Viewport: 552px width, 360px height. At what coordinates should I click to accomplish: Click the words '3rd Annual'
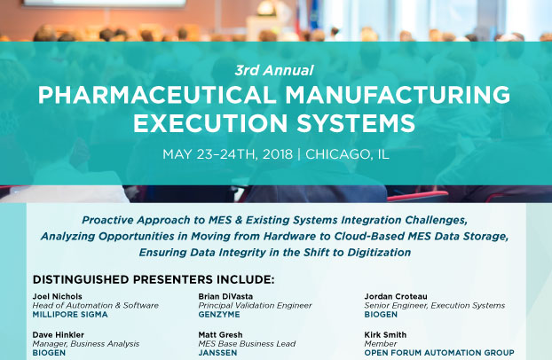(274, 70)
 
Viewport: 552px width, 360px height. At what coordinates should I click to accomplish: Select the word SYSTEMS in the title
(356, 123)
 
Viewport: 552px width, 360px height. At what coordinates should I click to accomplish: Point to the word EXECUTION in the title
(210, 123)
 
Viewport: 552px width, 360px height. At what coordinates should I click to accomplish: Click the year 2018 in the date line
(278, 154)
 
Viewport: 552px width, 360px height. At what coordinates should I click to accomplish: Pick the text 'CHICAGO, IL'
(348, 154)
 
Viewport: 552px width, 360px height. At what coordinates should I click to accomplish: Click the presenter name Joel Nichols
(58, 296)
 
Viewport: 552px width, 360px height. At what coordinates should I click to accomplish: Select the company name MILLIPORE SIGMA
(70, 314)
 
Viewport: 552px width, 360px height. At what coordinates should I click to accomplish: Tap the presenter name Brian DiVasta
(225, 296)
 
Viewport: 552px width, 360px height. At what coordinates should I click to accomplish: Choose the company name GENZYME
(219, 314)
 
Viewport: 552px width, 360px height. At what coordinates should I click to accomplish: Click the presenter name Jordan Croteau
(396, 296)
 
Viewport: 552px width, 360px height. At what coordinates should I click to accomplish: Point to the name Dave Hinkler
(58, 334)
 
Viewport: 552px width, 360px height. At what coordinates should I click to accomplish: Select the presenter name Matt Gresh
(220, 334)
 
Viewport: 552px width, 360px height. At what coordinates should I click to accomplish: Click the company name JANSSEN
(217, 353)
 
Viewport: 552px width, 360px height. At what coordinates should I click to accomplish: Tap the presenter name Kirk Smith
(385, 334)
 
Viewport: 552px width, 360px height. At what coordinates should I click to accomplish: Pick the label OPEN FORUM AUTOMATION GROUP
(439, 353)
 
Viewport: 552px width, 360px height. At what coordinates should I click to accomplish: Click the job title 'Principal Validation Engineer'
(255, 305)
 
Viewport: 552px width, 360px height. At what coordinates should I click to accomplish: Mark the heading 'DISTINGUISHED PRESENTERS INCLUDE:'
(154, 280)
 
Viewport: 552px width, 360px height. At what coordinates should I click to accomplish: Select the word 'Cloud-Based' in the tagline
(369, 236)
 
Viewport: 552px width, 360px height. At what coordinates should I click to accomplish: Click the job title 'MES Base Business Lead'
(247, 344)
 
